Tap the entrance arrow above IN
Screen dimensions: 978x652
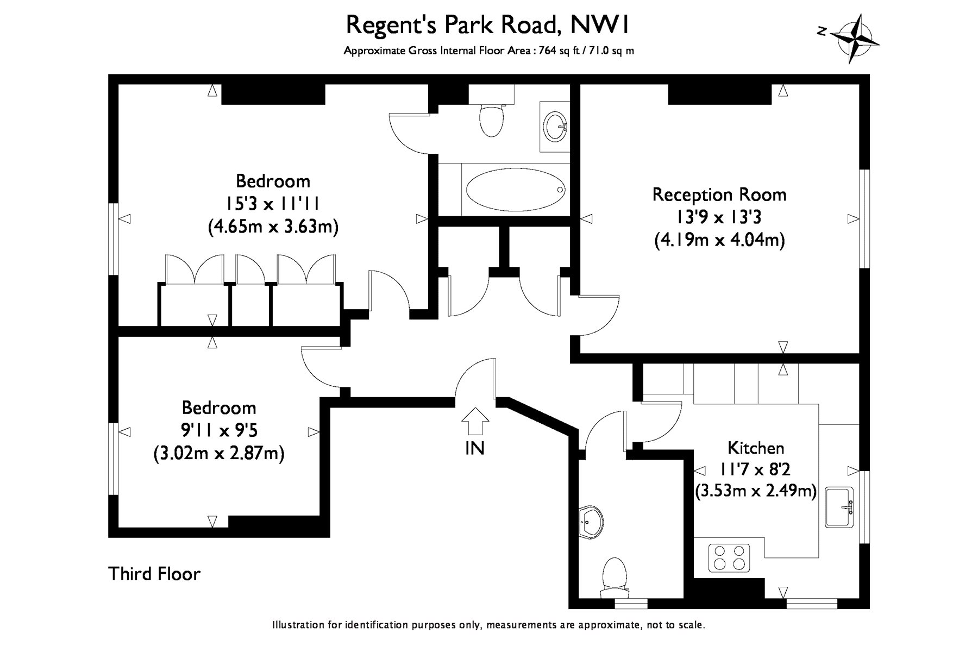point(475,421)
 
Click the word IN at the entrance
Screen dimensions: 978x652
point(475,448)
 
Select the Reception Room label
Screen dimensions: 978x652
point(719,195)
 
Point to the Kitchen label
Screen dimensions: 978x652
point(756,448)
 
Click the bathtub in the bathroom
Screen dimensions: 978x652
point(515,190)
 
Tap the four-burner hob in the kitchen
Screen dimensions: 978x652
point(729,557)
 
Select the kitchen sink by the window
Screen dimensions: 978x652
point(839,507)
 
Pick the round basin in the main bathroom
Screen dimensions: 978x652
point(555,126)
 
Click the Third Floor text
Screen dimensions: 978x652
point(155,574)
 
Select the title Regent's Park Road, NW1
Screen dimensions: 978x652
point(488,24)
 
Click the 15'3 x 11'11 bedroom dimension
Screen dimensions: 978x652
point(273,204)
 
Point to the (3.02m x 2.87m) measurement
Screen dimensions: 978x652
point(219,453)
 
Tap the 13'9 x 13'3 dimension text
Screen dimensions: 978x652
point(719,217)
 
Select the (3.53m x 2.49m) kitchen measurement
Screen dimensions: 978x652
point(756,492)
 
